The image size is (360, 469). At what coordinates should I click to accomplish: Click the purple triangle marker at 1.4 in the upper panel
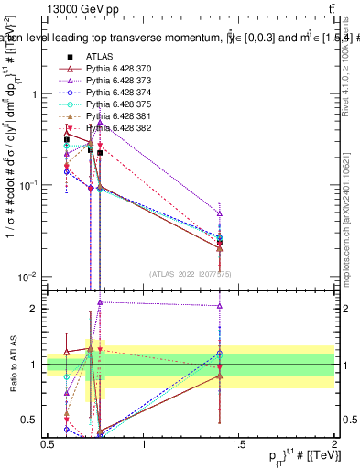tap(220, 213)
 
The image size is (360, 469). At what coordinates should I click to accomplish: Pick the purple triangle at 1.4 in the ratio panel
tap(220, 306)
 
